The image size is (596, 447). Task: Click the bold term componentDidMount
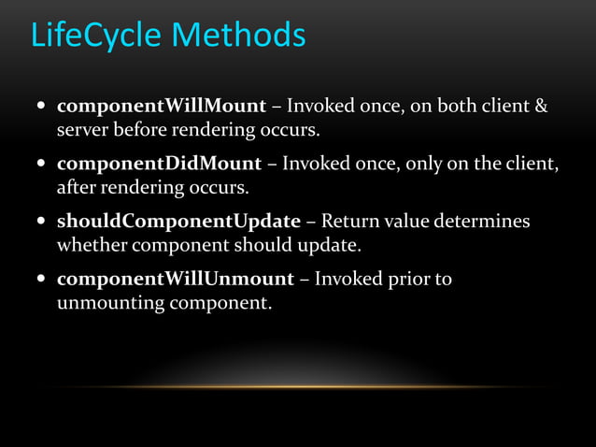tap(159, 164)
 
